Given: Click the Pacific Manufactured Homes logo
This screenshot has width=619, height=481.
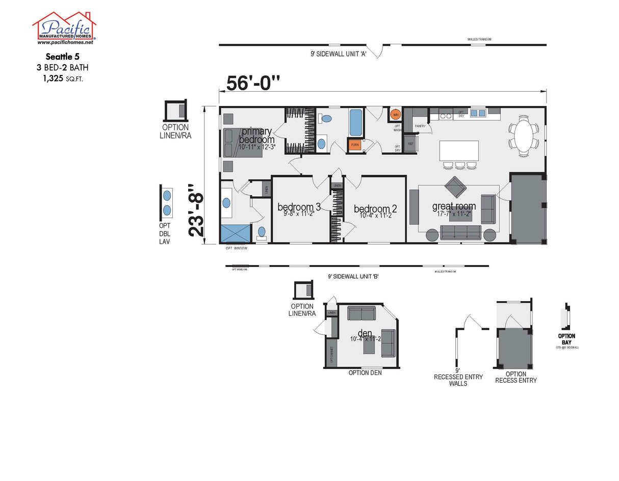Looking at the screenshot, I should click(x=64, y=28).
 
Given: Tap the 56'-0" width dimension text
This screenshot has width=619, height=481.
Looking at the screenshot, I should click(x=253, y=83).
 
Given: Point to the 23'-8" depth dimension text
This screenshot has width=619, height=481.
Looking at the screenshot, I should click(x=198, y=209).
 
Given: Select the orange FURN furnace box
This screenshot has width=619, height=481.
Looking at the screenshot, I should click(x=355, y=145).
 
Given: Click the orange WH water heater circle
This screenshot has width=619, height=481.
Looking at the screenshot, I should click(x=395, y=115).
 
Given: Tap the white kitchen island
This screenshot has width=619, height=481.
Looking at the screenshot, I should click(x=459, y=151).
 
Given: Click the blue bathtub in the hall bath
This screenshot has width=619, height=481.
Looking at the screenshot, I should click(x=355, y=122).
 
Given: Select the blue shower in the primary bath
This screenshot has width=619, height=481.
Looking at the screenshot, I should click(x=236, y=233).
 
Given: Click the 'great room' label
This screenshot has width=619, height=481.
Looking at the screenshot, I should click(x=454, y=206).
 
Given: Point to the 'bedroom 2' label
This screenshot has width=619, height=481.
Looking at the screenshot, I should click(x=375, y=209).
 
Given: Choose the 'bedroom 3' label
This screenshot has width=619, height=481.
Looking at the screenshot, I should click(x=299, y=207).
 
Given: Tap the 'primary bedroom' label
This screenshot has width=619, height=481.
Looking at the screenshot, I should click(x=256, y=136).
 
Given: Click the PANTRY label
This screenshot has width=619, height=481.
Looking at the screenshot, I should click(x=420, y=126).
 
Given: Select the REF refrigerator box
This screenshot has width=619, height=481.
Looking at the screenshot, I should click(x=411, y=144).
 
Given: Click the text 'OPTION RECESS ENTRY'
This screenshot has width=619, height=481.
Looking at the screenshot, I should click(x=515, y=377).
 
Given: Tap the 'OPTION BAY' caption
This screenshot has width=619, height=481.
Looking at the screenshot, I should click(x=566, y=339).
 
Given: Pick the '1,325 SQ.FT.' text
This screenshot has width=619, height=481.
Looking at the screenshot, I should click(x=63, y=78).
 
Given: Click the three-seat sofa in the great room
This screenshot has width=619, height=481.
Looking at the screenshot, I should click(x=460, y=232).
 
